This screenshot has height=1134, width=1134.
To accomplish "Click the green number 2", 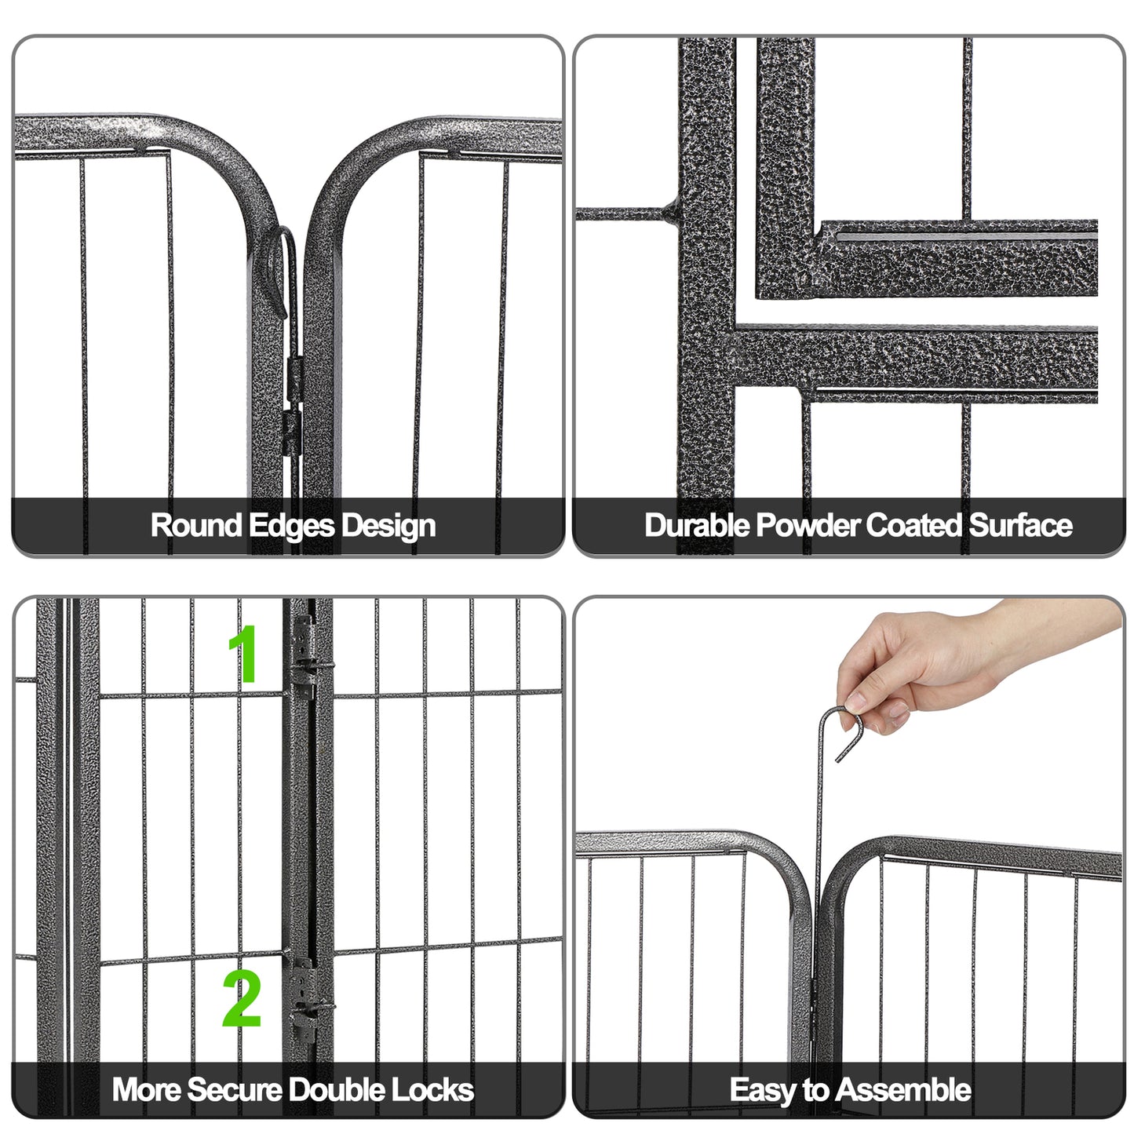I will coord(242,998).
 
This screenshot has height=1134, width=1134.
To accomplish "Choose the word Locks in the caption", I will coord(432,1090).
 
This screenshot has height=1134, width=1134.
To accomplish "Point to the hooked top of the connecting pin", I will coord(843,726).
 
